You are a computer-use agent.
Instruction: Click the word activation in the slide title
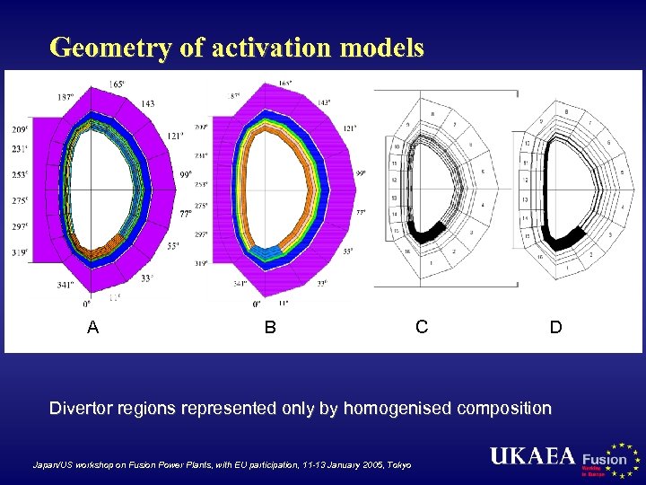click(x=255, y=48)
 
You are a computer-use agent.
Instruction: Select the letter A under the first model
click(x=92, y=328)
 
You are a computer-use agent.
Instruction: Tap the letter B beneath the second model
click(x=270, y=328)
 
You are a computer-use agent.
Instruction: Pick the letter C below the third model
click(x=422, y=327)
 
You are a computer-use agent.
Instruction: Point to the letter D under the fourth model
click(x=556, y=328)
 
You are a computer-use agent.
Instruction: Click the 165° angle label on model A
click(x=118, y=84)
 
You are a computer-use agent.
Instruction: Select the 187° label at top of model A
click(x=65, y=96)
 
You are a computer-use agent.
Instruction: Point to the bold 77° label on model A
click(x=185, y=214)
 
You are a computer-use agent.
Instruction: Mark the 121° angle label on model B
click(x=351, y=129)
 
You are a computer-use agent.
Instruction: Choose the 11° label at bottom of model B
click(x=284, y=304)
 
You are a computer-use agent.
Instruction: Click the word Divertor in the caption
click(x=82, y=409)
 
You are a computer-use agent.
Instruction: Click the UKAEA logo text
click(x=532, y=456)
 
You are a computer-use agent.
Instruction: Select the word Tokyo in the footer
click(x=398, y=465)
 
